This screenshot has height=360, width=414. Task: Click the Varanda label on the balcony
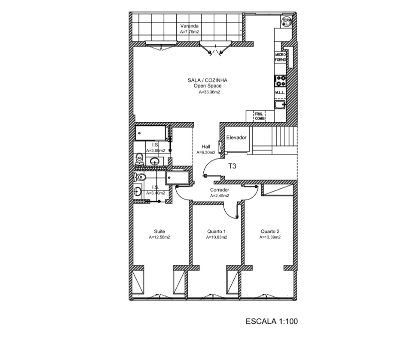[189, 25]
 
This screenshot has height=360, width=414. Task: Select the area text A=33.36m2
[209, 92]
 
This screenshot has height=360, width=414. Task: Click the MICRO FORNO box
[280, 57]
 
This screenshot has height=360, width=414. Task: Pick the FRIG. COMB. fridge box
[259, 116]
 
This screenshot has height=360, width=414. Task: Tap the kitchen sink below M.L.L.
[280, 104]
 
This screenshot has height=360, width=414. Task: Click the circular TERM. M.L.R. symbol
[287, 21]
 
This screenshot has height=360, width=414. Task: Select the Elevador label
[236, 137]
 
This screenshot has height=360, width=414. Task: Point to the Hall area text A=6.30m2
[206, 152]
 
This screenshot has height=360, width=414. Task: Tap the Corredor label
[219, 190]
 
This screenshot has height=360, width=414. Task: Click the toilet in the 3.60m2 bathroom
[140, 159]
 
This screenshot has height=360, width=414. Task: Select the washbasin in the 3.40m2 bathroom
[137, 191]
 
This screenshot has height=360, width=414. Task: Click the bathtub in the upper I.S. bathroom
[150, 132]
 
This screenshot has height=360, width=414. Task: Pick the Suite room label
[159, 231]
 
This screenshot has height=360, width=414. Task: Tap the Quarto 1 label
[216, 231]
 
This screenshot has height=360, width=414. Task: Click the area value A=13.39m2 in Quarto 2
[270, 238]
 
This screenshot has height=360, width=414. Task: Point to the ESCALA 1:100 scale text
[271, 321]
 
